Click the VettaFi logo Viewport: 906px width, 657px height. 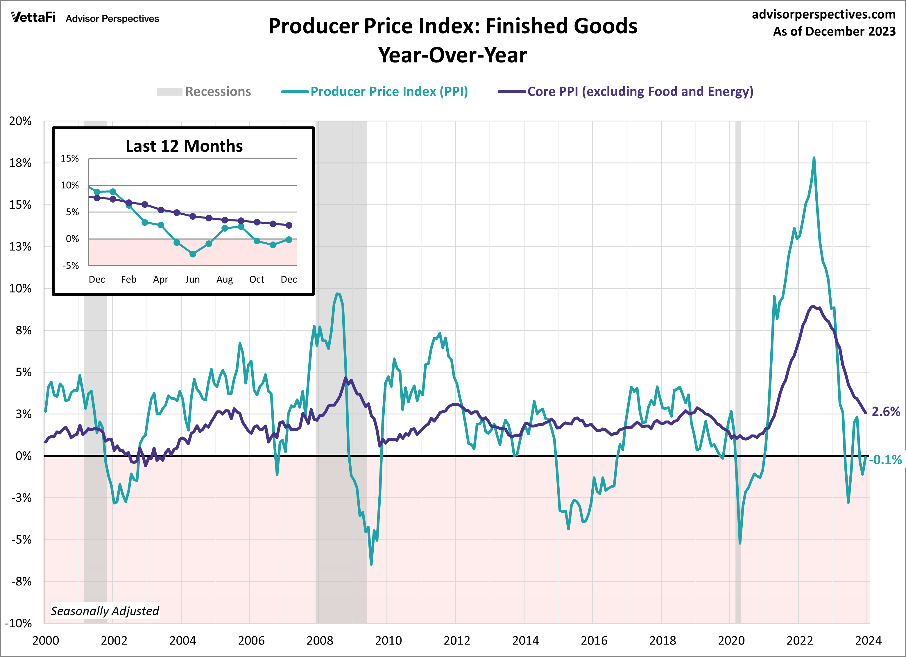pyautogui.click(x=33, y=17)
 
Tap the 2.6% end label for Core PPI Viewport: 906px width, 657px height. pyautogui.click(x=885, y=412)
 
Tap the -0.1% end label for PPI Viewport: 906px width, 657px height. pyautogui.click(x=885, y=460)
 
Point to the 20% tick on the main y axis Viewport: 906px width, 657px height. pyautogui.click(x=20, y=121)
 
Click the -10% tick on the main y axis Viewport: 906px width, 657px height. pyautogui.click(x=18, y=623)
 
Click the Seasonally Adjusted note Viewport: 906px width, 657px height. pyautogui.click(x=105, y=611)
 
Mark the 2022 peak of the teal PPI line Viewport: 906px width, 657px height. pyautogui.click(x=814, y=158)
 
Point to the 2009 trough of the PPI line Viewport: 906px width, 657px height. pyautogui.click(x=371, y=564)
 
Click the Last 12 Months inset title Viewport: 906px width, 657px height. pyautogui.click(x=184, y=146)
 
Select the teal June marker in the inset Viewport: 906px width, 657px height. pyautogui.click(x=193, y=254)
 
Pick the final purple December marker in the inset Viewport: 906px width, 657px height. pyautogui.click(x=289, y=225)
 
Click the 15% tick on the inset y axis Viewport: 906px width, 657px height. pyautogui.click(x=70, y=159)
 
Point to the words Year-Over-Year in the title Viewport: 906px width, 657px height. pyautogui.click(x=453, y=55)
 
